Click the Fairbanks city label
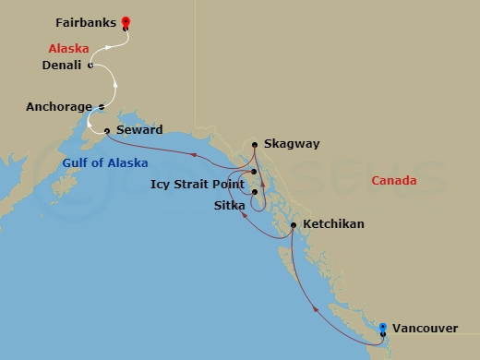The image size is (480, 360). tap(85, 20)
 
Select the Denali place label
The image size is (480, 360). tap(64, 66)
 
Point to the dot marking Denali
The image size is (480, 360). tap(90, 66)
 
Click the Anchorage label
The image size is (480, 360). tap(59, 107)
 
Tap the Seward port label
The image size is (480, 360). tap(139, 130)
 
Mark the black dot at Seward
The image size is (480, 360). tap(108, 130)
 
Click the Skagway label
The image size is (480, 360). tap(292, 144)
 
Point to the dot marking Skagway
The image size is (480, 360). tap(255, 144)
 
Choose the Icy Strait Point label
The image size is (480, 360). tap(197, 184)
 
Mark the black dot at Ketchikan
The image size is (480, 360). tap(294, 224)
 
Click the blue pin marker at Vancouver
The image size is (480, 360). tap(384, 327)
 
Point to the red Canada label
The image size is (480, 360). tap(394, 181)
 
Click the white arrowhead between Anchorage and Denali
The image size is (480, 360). tap(115, 86)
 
